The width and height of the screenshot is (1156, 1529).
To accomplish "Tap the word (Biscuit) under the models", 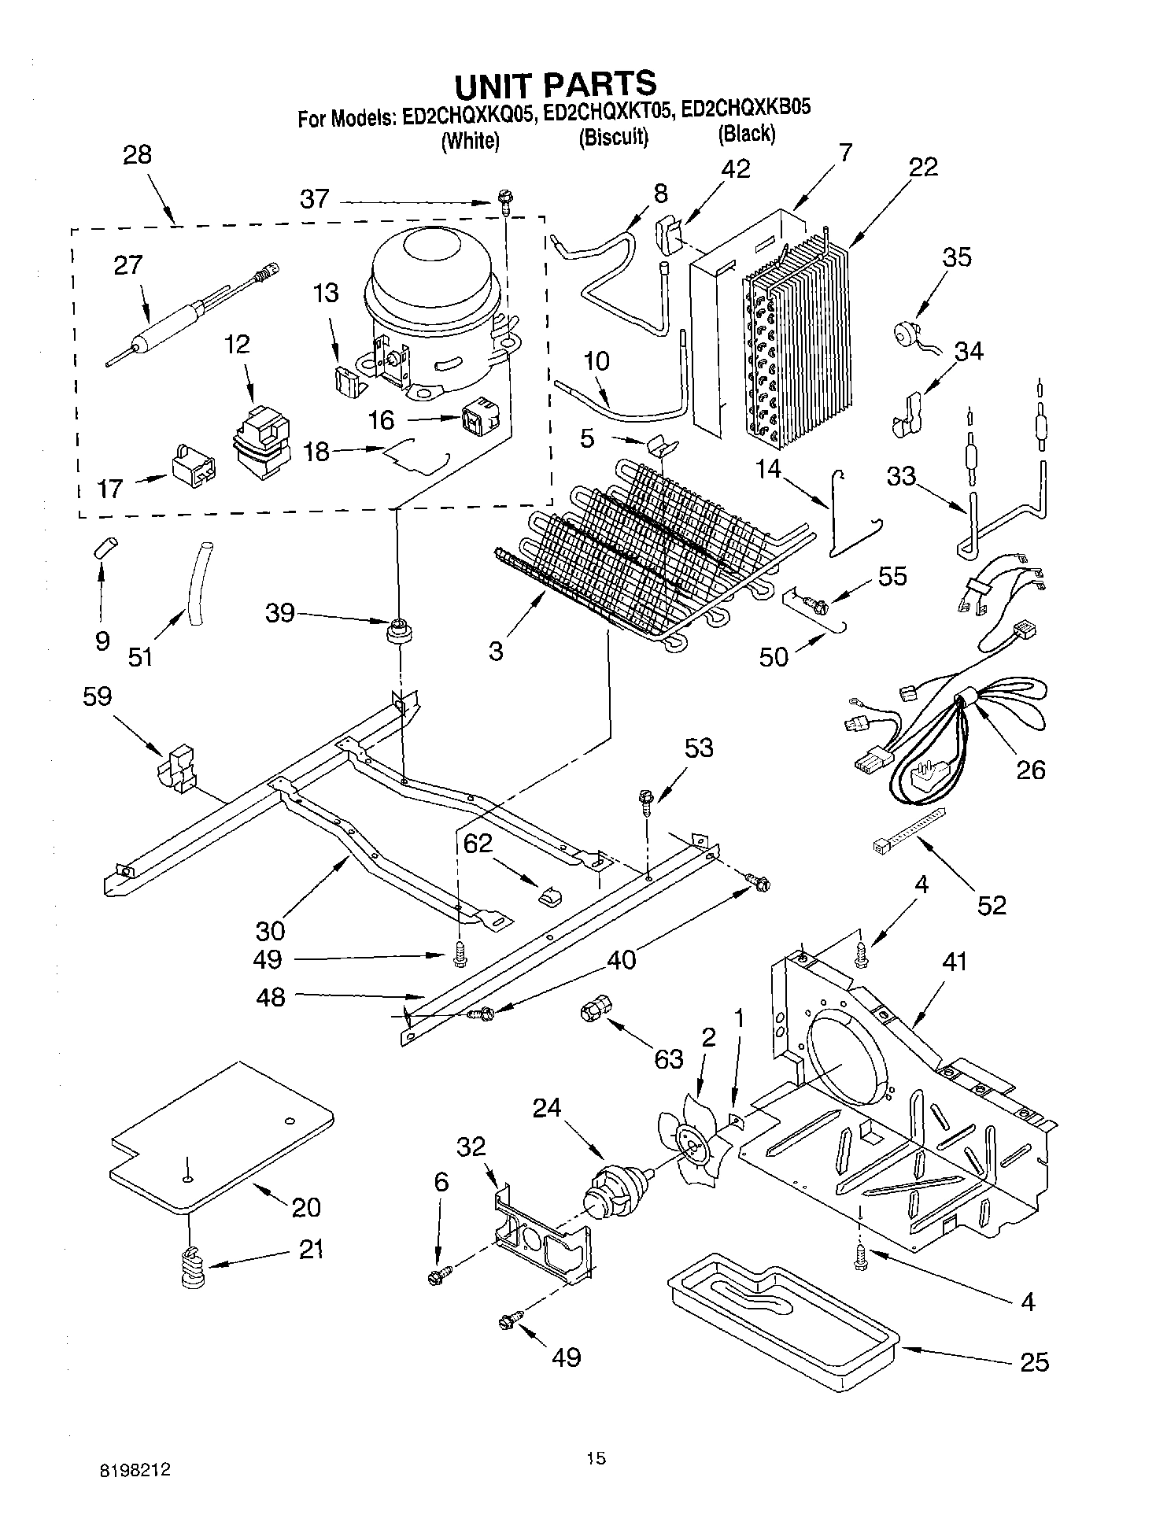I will click(x=614, y=138).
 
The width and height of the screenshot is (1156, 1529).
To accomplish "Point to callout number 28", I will click(x=137, y=154).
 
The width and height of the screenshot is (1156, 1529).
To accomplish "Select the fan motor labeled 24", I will click(x=616, y=1188).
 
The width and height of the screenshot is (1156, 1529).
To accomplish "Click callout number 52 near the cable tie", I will click(x=992, y=905).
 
